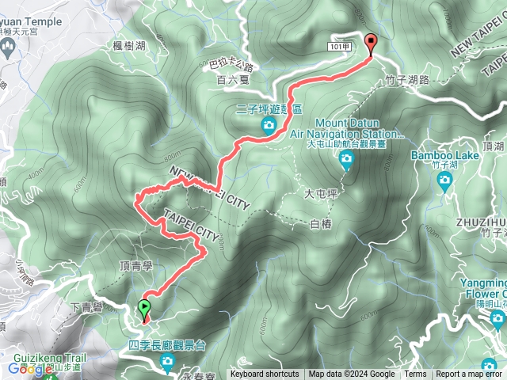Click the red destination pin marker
tap(370, 44)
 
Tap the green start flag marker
tap(144, 309)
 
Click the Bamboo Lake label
tap(444, 155)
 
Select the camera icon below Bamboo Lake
tap(444, 180)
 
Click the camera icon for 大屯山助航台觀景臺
tap(346, 161)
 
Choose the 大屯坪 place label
tap(320, 192)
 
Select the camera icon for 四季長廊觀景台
tap(168, 362)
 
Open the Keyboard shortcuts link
tap(265, 374)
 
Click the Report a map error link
tap(468, 374)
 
